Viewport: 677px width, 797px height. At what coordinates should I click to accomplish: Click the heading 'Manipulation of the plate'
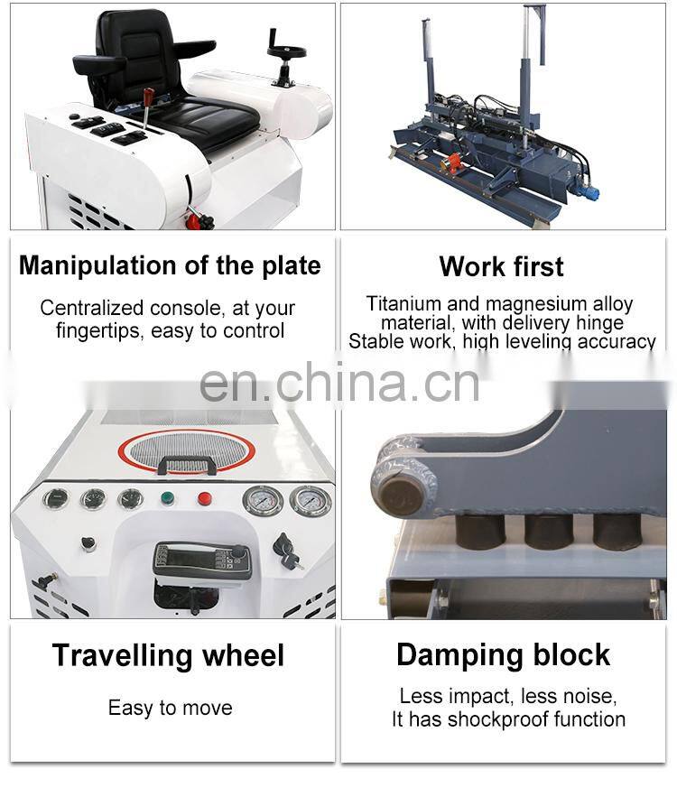[170, 265]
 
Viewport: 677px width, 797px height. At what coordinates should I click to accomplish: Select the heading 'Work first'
[501, 266]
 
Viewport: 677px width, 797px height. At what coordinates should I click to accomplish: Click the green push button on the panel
[167, 497]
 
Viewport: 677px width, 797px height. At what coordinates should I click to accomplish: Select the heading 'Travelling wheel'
[168, 654]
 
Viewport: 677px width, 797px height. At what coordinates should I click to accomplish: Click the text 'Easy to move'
[171, 708]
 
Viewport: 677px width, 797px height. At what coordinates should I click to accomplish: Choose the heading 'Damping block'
[503, 654]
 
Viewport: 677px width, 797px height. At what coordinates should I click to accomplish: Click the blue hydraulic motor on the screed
[587, 192]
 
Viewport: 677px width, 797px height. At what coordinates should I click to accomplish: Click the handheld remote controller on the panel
[202, 562]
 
